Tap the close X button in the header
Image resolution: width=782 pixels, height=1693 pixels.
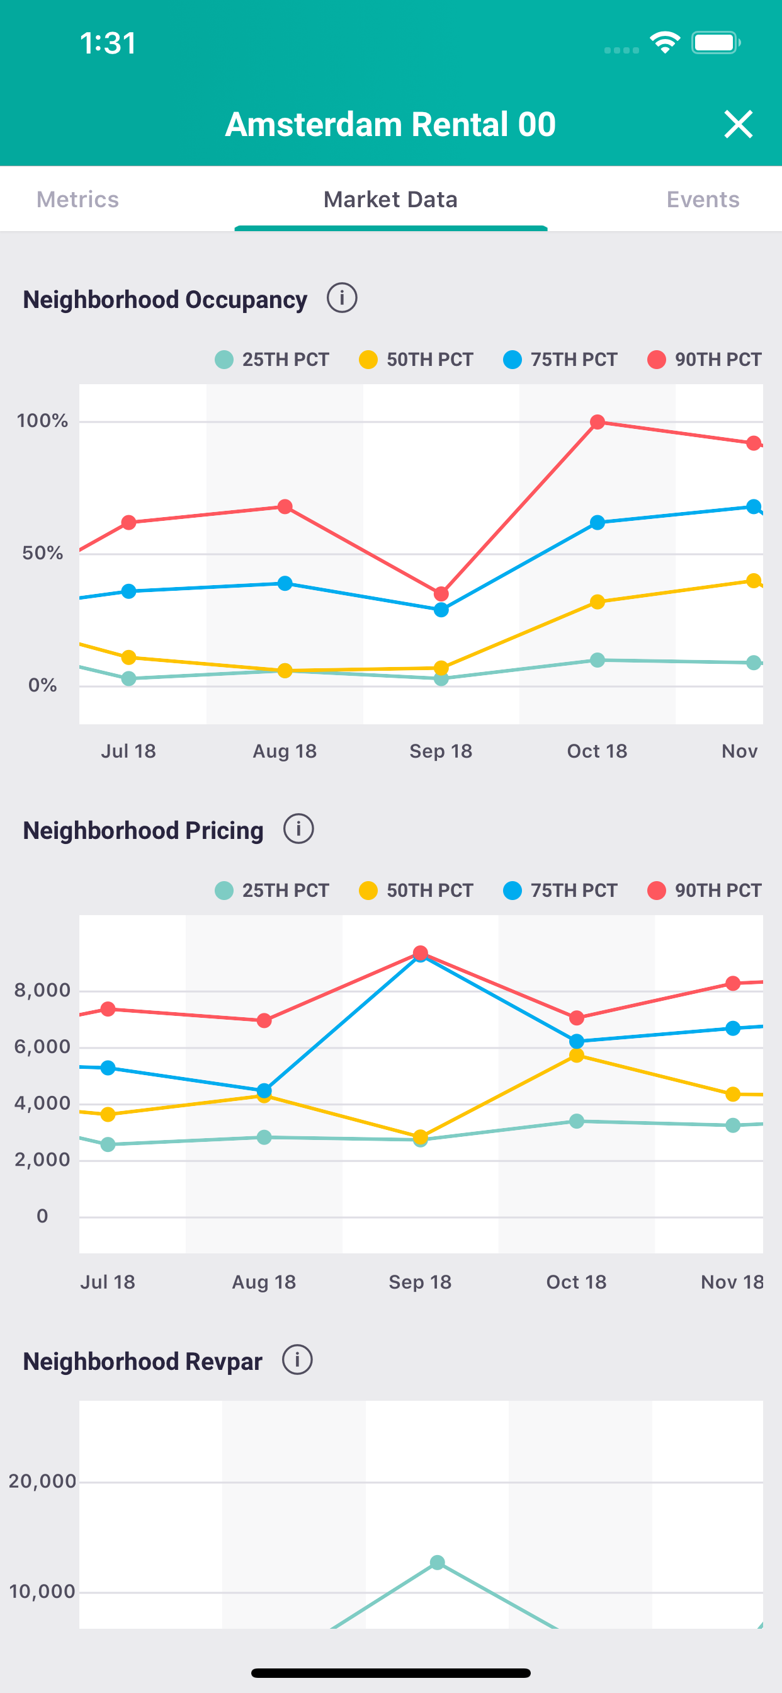point(738,124)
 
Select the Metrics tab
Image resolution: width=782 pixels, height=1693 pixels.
point(77,199)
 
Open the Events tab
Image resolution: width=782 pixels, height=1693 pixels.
point(703,199)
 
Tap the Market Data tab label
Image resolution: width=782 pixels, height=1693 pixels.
point(390,199)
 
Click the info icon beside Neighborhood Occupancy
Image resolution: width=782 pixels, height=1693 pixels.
point(342,299)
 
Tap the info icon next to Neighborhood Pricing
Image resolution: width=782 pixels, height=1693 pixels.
point(298,829)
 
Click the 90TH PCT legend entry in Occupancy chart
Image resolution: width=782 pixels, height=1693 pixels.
point(705,360)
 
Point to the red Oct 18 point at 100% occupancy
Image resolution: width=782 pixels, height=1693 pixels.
point(598,422)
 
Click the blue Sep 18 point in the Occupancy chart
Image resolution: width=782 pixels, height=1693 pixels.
point(441,610)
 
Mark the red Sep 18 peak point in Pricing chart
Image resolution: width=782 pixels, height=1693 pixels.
point(421,953)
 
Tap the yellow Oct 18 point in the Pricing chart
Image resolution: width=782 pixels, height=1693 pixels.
point(576,1056)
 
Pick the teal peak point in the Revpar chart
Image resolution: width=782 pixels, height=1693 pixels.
point(437,1562)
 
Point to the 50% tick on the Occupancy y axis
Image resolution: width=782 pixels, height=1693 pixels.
point(43,553)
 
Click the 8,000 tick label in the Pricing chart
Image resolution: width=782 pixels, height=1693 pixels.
point(43,989)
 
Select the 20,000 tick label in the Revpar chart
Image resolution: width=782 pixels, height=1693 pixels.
point(43,1481)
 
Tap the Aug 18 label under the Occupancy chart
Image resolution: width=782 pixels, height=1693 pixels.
point(285,751)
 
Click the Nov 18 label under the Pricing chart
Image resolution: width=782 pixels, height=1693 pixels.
point(732,1282)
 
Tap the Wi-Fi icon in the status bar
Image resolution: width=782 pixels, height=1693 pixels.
point(664,43)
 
